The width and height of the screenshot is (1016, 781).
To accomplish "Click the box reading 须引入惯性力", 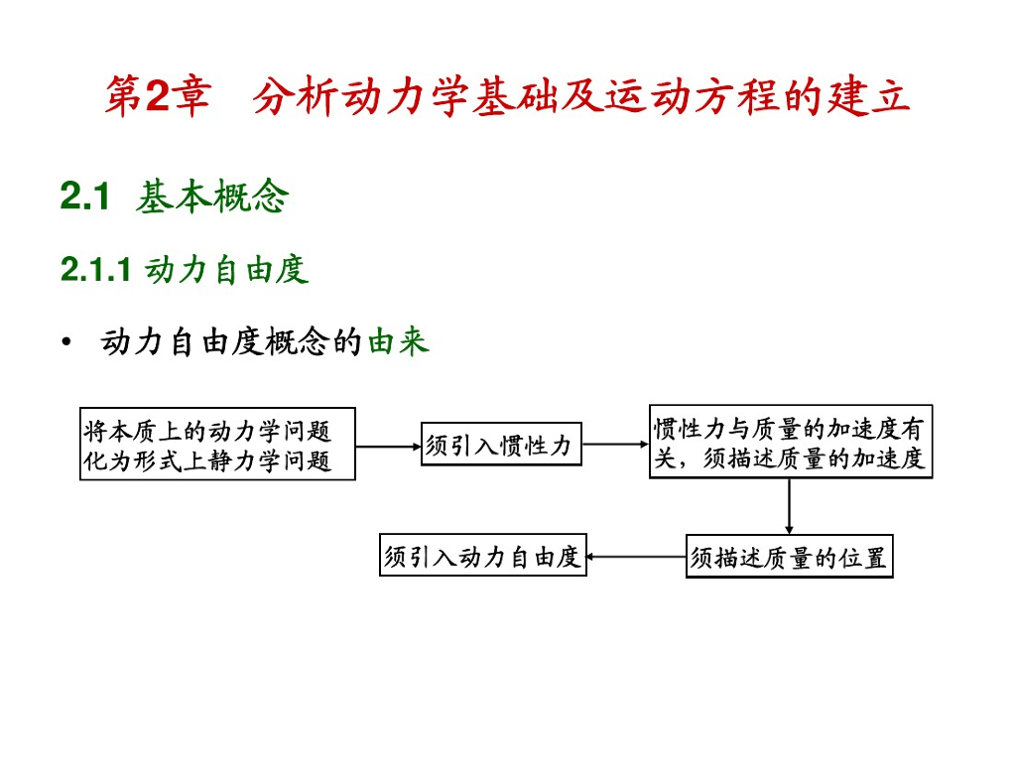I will point(500,446).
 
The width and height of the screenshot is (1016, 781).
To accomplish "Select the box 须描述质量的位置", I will point(789,558).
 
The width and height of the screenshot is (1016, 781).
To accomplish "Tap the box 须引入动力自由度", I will point(482,557).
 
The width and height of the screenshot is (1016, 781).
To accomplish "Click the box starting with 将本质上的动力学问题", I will point(217,445).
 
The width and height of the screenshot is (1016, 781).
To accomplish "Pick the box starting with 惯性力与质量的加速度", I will point(791,443).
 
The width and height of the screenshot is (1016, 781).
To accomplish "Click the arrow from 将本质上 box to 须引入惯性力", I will point(388,447).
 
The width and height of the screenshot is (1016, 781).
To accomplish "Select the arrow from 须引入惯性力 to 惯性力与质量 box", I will point(615,445).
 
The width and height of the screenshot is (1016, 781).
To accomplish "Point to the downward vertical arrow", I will point(789,506).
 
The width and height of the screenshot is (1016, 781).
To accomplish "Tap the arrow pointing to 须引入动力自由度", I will point(636,557).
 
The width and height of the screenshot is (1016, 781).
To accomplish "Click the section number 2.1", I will point(84,197).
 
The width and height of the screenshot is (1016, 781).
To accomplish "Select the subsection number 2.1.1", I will point(96,270).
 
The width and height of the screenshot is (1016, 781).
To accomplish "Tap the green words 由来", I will point(399,342).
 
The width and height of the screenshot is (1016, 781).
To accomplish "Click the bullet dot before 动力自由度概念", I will point(66,343).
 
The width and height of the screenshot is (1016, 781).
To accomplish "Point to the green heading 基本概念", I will point(212,197).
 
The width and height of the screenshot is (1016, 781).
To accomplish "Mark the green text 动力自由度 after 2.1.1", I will point(227,270).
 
